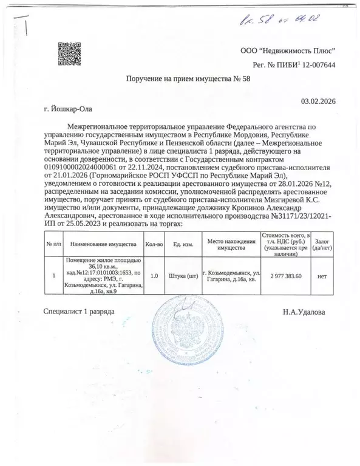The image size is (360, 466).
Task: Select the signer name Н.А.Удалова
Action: [304, 312]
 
